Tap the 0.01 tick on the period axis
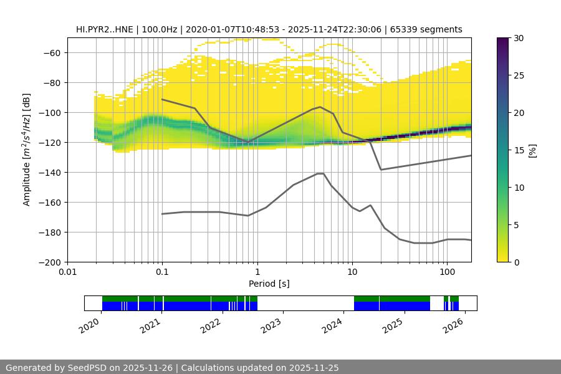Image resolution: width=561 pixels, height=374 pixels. pos(67,272)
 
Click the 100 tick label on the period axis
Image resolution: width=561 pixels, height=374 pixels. pos(446,272)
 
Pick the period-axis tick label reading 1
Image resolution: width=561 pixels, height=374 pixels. pos(257,272)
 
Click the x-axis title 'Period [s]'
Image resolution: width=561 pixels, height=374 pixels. pos(269,284)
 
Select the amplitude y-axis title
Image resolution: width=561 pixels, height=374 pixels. pos(26,150)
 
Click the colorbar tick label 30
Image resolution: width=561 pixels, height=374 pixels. pos(519,38)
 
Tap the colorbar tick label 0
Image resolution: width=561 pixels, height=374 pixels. pos(517,262)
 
